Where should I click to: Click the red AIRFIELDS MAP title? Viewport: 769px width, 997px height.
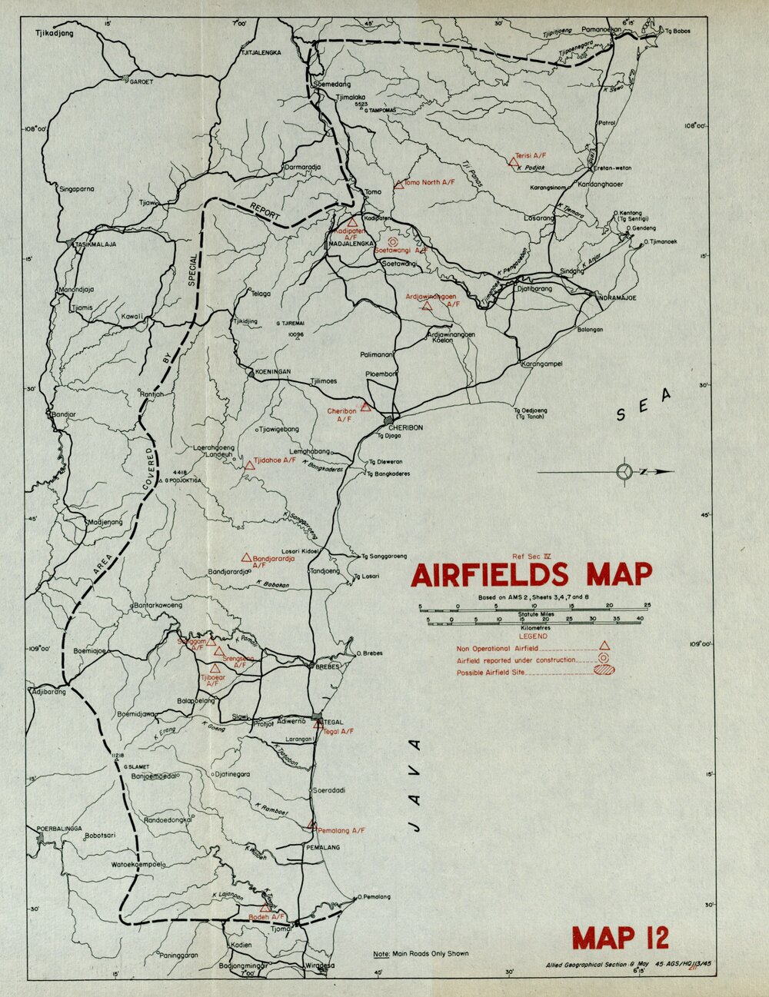pyautogui.click(x=531, y=575)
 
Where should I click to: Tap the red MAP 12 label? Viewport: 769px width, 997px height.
pyautogui.click(x=620, y=937)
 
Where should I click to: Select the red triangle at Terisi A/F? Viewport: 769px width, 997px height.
pyautogui.click(x=513, y=161)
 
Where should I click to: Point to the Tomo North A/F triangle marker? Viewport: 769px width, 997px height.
pyautogui.click(x=398, y=184)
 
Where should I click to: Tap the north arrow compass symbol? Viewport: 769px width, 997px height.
pyautogui.click(x=624, y=472)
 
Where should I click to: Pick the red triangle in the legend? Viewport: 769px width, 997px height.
pyautogui.click(x=604, y=646)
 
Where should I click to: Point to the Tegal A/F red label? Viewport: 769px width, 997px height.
pyautogui.click(x=338, y=731)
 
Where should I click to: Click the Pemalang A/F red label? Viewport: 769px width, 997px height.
pyautogui.click(x=341, y=831)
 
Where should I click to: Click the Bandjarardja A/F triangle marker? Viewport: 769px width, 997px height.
pyautogui.click(x=246, y=557)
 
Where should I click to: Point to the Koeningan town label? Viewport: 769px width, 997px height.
pyautogui.click(x=269, y=371)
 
